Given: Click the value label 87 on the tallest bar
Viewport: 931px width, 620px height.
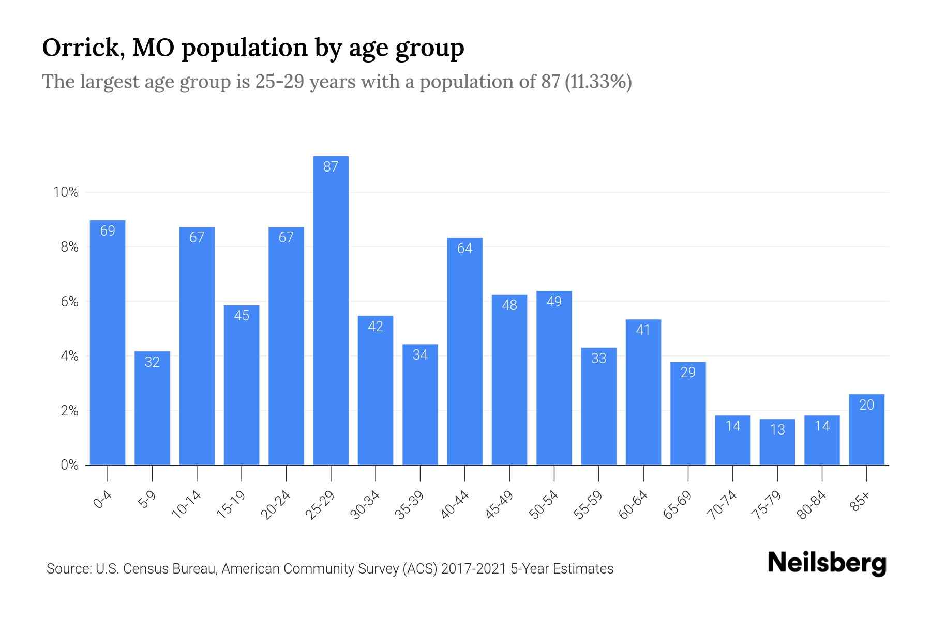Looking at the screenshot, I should point(331,167).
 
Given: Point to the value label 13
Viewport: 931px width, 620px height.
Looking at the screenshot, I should point(777,429).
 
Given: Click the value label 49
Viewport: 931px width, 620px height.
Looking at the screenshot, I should point(554,302).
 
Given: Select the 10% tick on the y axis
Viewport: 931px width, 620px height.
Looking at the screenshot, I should point(66,193).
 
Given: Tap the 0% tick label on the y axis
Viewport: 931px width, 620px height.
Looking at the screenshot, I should point(69,465).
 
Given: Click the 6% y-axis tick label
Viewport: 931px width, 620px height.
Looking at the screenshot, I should point(69,302).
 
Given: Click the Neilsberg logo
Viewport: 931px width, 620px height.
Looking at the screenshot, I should point(827,564).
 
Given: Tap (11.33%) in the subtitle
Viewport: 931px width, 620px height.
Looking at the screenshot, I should point(598,82).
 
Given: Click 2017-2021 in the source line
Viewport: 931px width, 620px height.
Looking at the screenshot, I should point(474,569).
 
